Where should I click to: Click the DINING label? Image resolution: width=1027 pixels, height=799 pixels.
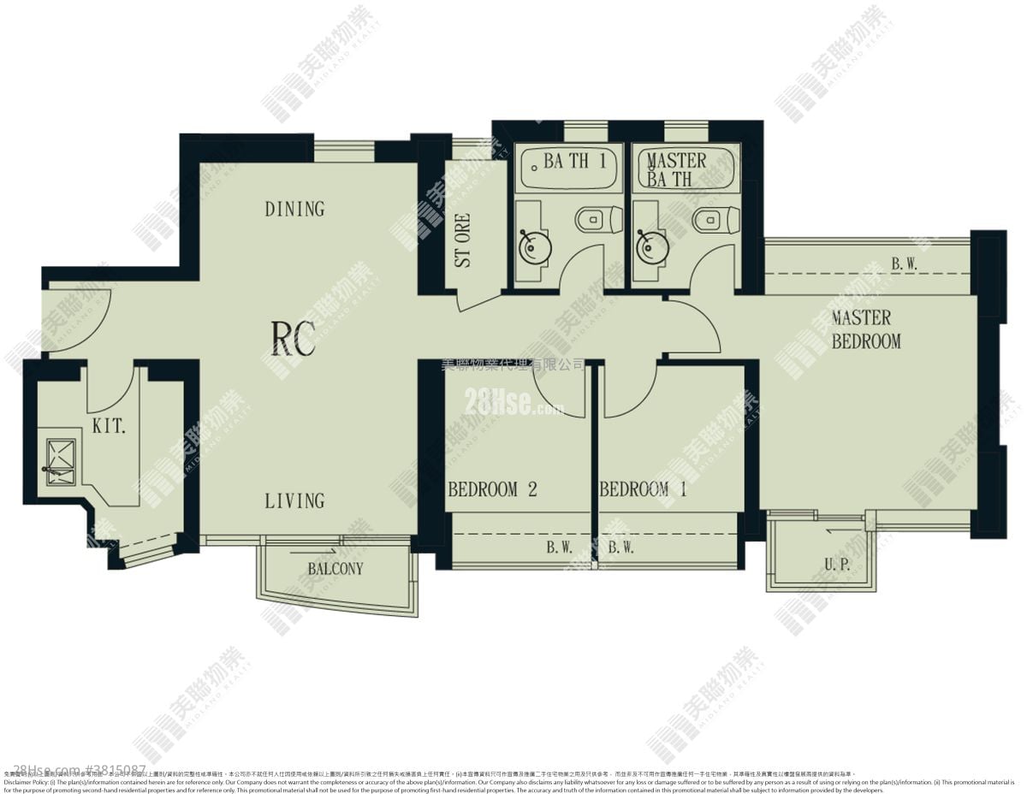(294, 209)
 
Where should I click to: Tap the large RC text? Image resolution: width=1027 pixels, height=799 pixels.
(293, 338)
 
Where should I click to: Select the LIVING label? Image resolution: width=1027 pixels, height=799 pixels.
(294, 500)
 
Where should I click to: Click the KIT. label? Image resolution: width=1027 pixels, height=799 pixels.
(109, 426)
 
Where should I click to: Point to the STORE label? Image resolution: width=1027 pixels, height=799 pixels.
(463, 240)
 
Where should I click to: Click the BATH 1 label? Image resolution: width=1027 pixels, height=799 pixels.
(575, 161)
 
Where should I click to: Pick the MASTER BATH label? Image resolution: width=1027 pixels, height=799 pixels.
(676, 169)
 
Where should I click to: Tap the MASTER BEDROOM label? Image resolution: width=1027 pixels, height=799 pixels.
(866, 329)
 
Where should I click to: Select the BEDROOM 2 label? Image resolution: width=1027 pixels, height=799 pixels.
(492, 490)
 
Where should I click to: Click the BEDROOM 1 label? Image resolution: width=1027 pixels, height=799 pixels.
(643, 490)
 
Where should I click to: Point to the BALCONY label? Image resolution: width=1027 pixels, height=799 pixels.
(335, 569)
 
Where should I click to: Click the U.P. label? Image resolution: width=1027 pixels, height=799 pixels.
(836, 564)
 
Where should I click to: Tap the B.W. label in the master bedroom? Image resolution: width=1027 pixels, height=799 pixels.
(904, 264)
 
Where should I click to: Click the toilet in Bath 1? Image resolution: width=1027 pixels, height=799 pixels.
(591, 221)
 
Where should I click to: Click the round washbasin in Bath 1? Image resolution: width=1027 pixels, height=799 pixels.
(536, 248)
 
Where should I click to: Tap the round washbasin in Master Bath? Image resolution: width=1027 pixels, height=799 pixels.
(654, 248)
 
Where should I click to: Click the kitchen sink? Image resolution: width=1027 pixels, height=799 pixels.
(61, 461)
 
